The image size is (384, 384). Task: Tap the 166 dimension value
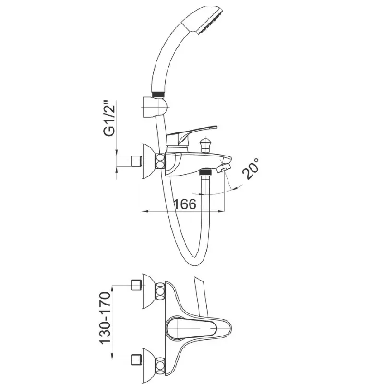tap(185, 204)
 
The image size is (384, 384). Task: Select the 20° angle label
tap(251, 169)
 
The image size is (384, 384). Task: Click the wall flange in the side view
tap(148, 161)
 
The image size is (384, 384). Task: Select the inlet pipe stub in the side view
tap(136, 161)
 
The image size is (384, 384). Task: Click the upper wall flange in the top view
tap(148, 291)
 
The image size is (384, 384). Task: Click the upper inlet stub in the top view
tap(136, 285)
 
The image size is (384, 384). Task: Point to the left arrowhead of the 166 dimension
tap(146, 211)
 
